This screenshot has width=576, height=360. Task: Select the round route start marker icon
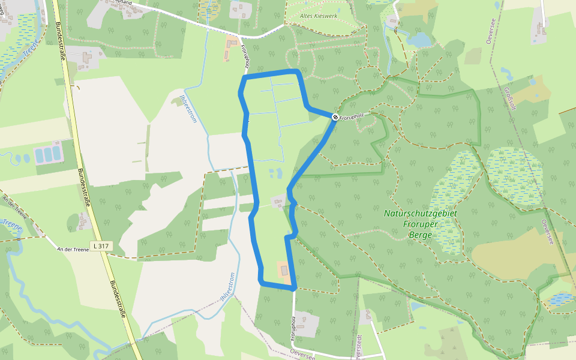coord(335,117)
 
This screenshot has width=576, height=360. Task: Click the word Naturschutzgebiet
coord(420,213)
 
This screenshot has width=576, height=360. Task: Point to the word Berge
coord(420,235)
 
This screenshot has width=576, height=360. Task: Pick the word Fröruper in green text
coord(420,224)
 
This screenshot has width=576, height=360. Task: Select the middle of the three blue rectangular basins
coord(47,155)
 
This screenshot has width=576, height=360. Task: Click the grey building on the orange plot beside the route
coord(285,271)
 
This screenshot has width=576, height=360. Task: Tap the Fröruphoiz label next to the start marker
coord(352,118)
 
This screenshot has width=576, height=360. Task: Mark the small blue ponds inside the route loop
coord(275,174)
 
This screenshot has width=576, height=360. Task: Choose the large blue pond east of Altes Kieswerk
coord(419,40)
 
